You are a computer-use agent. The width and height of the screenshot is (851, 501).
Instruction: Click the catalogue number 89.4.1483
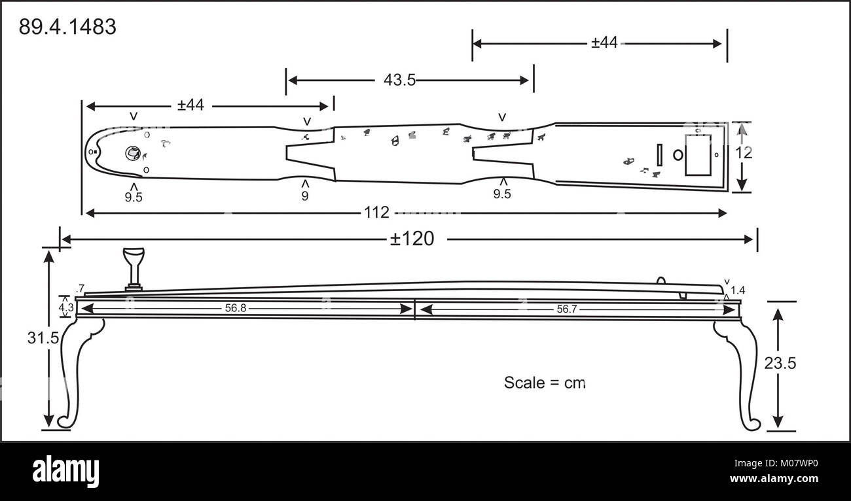(67, 27)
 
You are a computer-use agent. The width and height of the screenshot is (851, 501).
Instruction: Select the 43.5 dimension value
(399, 80)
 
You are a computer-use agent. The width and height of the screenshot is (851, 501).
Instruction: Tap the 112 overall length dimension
(378, 213)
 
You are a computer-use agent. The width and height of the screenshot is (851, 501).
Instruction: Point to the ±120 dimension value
(412, 239)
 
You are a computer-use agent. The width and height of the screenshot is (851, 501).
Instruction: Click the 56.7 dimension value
(567, 309)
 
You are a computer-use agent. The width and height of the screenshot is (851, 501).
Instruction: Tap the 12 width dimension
(744, 152)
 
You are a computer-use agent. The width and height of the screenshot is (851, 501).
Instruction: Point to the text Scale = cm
(544, 383)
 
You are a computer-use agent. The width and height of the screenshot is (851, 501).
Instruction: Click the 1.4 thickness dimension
(737, 290)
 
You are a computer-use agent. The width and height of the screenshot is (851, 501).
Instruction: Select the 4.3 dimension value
(65, 306)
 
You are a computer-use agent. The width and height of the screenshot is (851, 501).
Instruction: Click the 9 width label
(305, 196)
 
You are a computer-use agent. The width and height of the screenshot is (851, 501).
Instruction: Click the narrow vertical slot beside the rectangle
(661, 155)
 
